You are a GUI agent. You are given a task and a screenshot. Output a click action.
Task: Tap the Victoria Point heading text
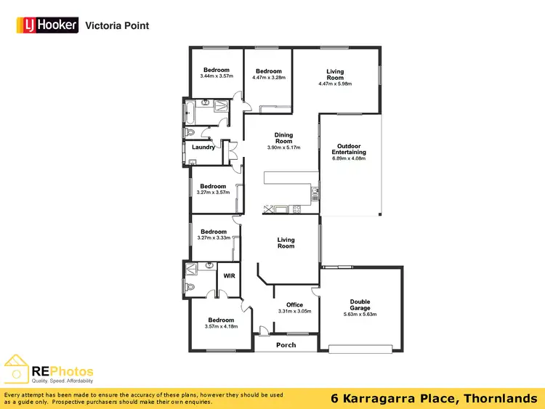(x=117, y=25)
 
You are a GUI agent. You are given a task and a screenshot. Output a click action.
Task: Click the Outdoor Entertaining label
(x=349, y=149)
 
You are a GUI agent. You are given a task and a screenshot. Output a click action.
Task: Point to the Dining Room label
(x=283, y=138)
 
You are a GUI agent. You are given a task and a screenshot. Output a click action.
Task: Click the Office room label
(x=294, y=304)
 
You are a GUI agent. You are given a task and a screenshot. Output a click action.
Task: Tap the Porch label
(x=286, y=344)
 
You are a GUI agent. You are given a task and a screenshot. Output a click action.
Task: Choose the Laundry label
(x=203, y=147)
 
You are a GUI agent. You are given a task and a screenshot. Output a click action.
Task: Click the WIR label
(x=229, y=276)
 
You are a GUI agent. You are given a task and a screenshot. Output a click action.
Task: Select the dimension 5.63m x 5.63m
(x=360, y=315)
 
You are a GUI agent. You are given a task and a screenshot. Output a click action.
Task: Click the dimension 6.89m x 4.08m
(x=349, y=158)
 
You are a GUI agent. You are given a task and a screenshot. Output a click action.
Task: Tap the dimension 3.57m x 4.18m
(x=221, y=326)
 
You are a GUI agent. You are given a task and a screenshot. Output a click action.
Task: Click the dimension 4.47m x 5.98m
(x=335, y=84)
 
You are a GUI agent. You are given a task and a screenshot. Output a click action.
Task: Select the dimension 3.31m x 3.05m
(x=294, y=311)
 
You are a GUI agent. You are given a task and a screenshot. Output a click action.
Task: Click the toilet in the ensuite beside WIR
(x=190, y=288)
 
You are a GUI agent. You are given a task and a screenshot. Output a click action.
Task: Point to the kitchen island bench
(x=291, y=179)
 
